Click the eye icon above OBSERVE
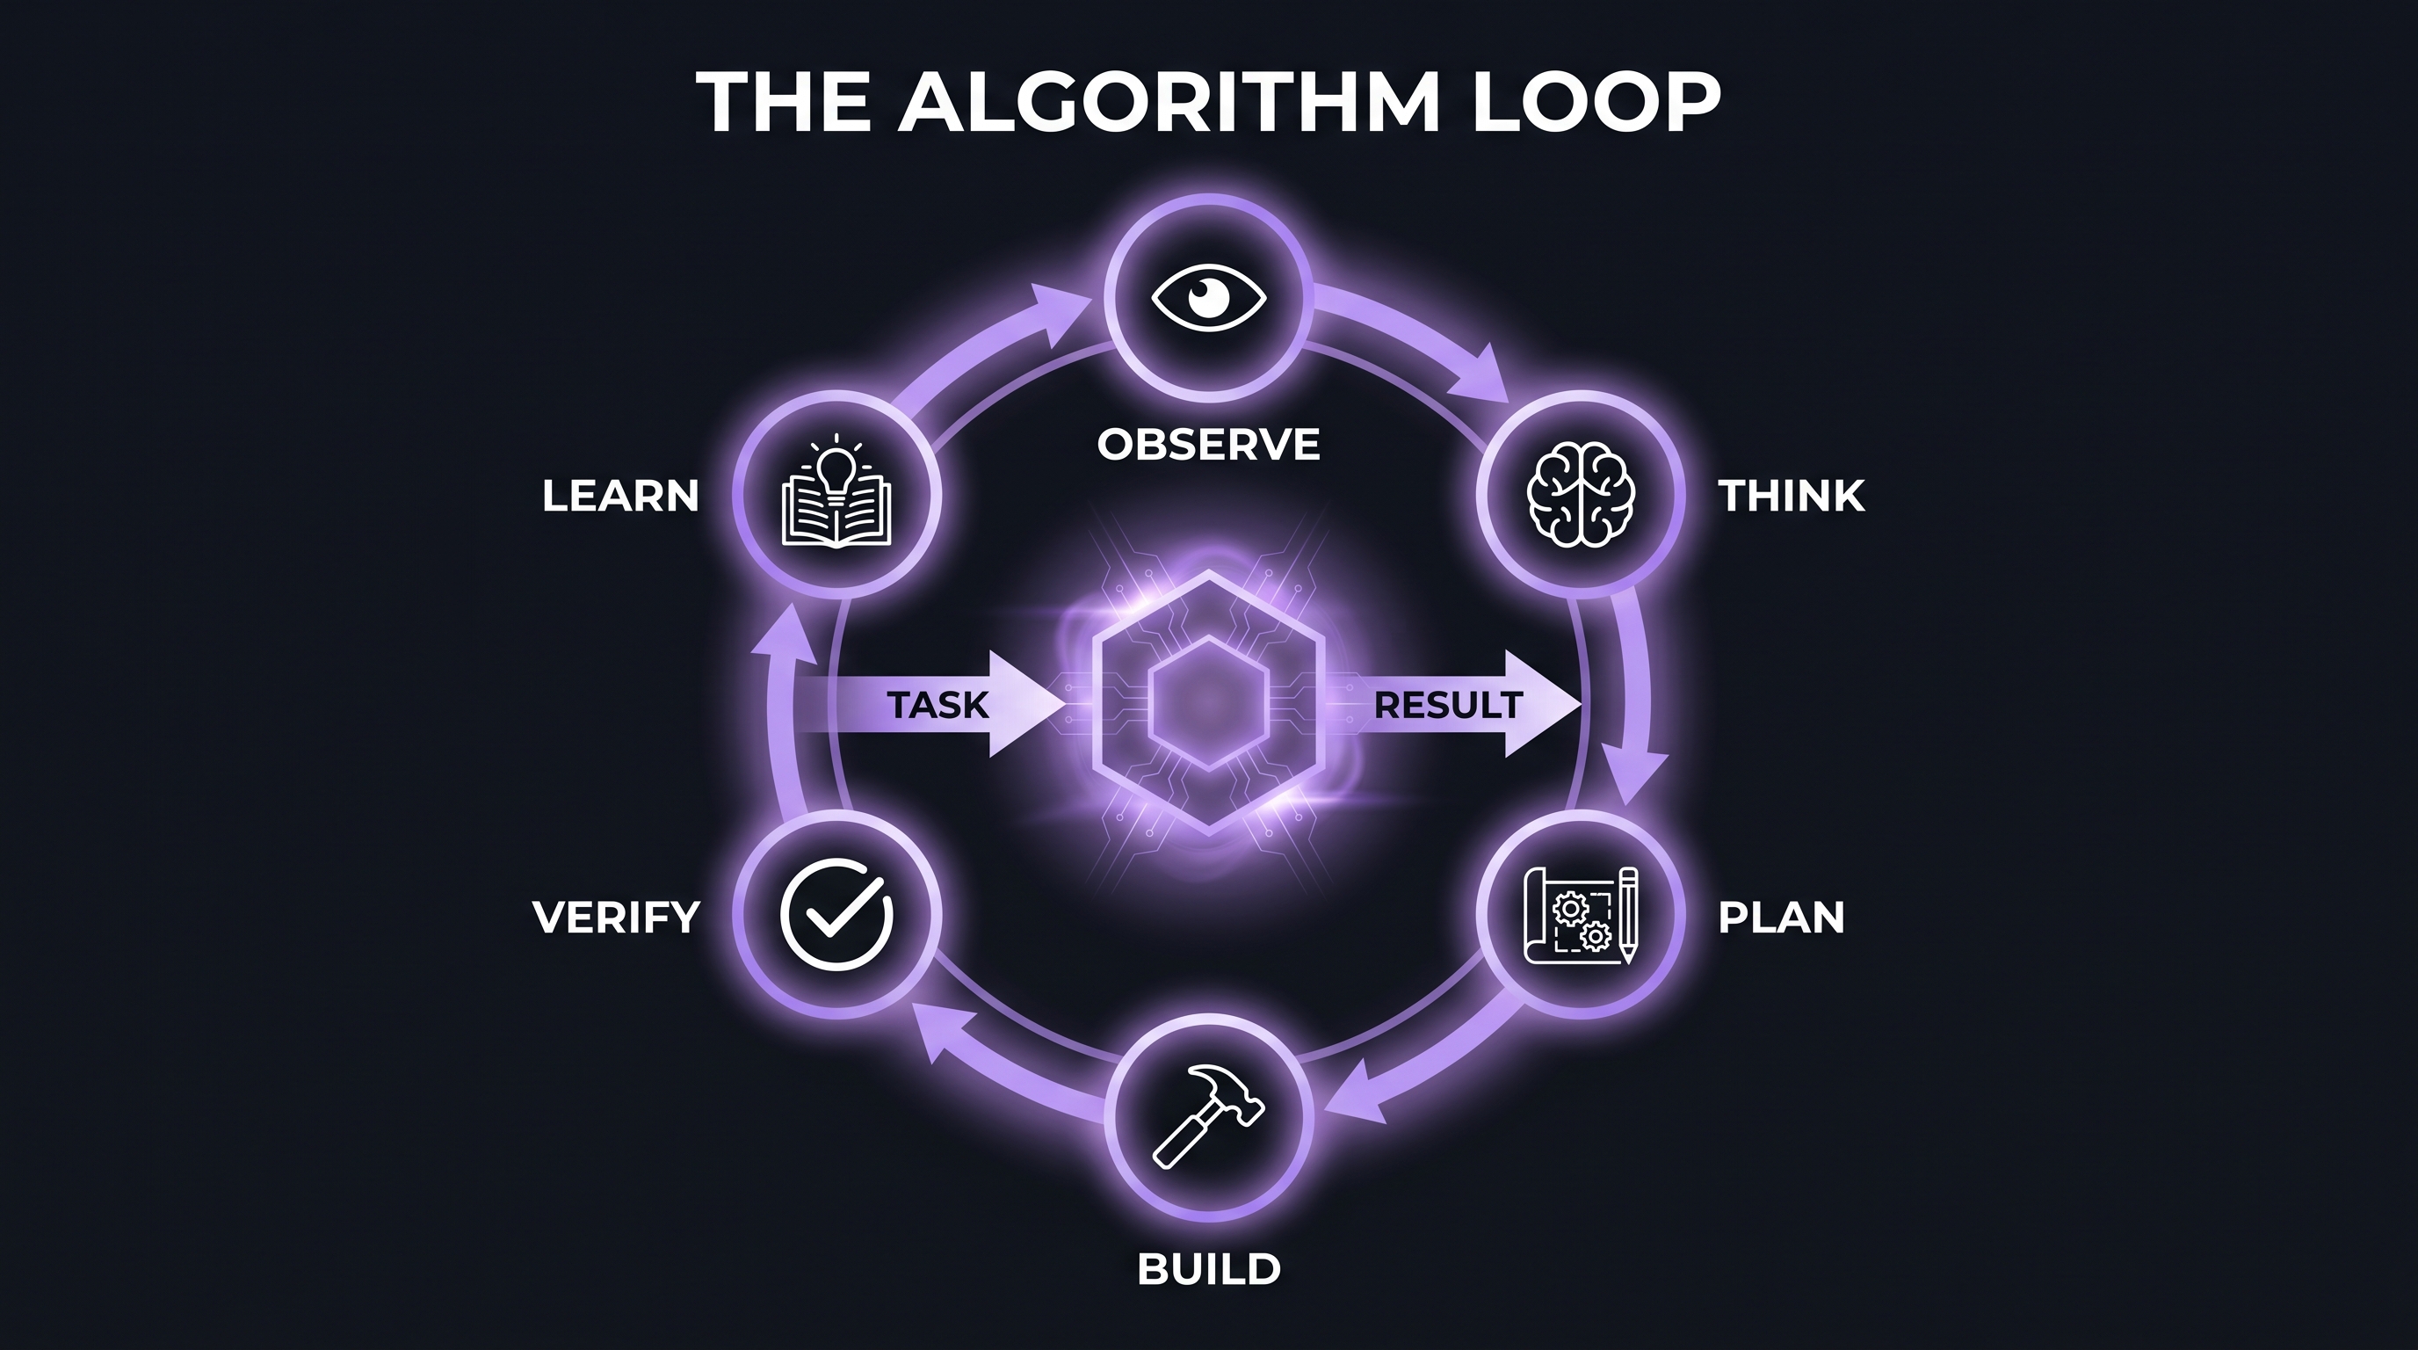point(1209,299)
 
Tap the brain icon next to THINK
point(1582,494)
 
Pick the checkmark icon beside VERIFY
point(836,913)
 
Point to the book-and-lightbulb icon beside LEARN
point(836,495)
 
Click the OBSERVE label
point(1209,444)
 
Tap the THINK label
point(1791,496)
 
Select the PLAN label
point(1781,918)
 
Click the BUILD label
point(1209,1269)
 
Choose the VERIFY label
point(617,918)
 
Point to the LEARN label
point(620,496)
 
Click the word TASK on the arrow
point(938,704)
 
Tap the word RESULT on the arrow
point(1447,704)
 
